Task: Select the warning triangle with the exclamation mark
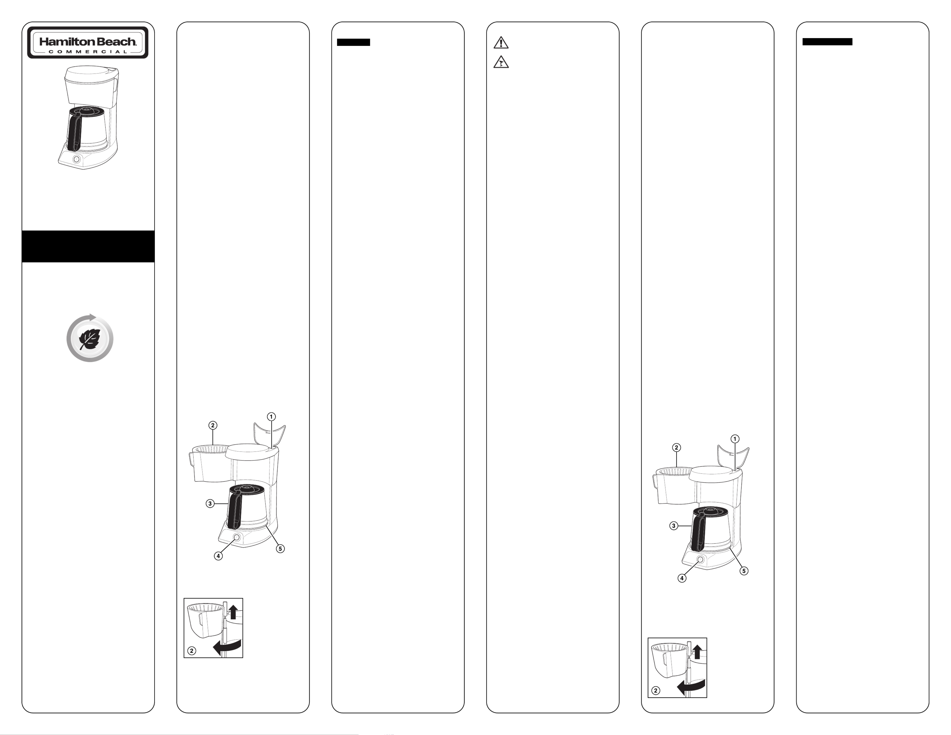(501, 43)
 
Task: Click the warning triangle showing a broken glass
(501, 62)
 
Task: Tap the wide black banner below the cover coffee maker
(88, 247)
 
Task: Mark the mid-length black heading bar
(827, 42)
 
